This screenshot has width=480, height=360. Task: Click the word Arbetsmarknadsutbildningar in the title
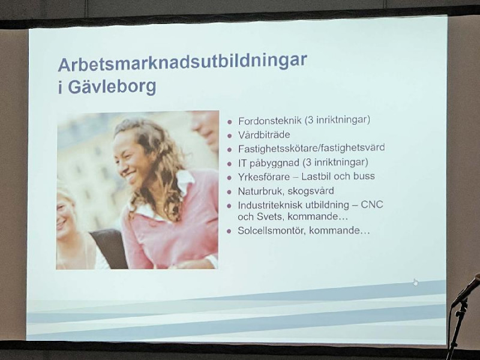tap(182, 62)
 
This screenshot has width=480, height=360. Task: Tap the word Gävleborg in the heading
tap(112, 87)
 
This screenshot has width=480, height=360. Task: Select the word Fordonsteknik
tap(269, 121)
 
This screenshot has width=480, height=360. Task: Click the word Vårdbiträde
tap(264, 134)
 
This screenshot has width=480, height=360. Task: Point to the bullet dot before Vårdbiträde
tap(230, 136)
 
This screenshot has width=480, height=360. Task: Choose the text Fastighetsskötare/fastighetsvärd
tap(311, 148)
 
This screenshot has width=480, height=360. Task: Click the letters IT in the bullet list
tap(242, 163)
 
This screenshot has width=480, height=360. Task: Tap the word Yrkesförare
tap(263, 177)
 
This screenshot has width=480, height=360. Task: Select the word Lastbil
tap(316, 176)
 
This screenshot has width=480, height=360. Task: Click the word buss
tap(364, 176)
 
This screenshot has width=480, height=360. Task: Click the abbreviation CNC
tap(372, 205)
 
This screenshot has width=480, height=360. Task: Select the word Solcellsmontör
tap(272, 230)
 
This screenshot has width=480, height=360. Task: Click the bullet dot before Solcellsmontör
tap(229, 231)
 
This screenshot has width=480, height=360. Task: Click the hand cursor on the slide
tap(415, 282)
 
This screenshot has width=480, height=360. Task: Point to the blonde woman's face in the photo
tap(64, 217)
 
